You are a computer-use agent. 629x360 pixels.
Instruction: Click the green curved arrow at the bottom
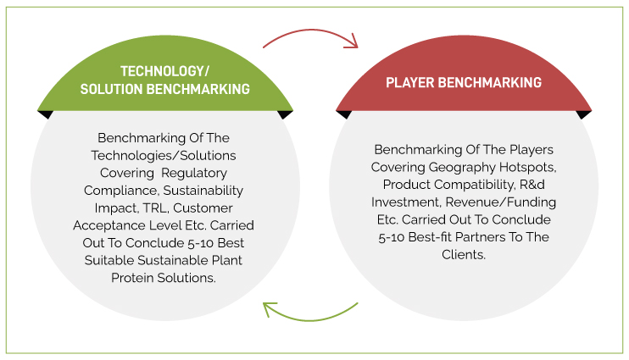(309, 320)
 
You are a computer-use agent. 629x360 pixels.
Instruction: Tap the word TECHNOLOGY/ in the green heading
(164, 71)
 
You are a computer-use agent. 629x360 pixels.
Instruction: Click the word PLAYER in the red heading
(410, 82)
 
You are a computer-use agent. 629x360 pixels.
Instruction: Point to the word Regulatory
(194, 173)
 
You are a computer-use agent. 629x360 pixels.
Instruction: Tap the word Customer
(203, 208)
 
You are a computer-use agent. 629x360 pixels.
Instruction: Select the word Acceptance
(109, 225)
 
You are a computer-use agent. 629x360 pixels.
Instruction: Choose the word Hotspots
(528, 167)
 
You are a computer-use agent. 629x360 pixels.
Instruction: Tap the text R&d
(532, 185)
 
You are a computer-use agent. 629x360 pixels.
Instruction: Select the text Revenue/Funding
(501, 202)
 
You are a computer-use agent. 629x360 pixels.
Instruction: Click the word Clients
(464, 255)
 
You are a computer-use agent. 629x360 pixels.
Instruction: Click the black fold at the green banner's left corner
(45, 114)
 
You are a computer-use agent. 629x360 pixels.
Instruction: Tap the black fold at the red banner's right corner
(584, 114)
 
